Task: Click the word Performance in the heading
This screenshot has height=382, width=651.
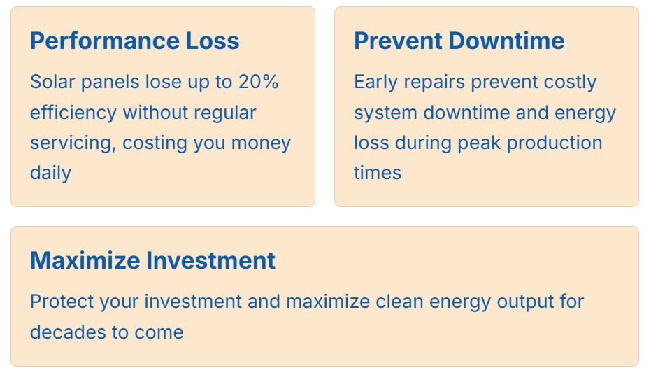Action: click(105, 41)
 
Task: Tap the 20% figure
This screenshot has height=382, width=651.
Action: click(258, 81)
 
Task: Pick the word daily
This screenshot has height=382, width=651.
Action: click(50, 173)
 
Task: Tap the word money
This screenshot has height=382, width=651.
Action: click(261, 143)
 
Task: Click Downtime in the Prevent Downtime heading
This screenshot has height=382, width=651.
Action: click(506, 41)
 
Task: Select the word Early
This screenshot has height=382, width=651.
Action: click(375, 83)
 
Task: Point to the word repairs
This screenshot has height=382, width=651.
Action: click(434, 83)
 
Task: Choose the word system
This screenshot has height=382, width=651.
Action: click(385, 113)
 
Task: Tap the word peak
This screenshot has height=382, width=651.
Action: click(479, 143)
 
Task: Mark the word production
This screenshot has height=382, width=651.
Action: click(555, 143)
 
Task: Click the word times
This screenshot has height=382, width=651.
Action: click(378, 173)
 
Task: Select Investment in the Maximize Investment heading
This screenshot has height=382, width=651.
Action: click(211, 260)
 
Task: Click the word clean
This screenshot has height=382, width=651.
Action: click(399, 302)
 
